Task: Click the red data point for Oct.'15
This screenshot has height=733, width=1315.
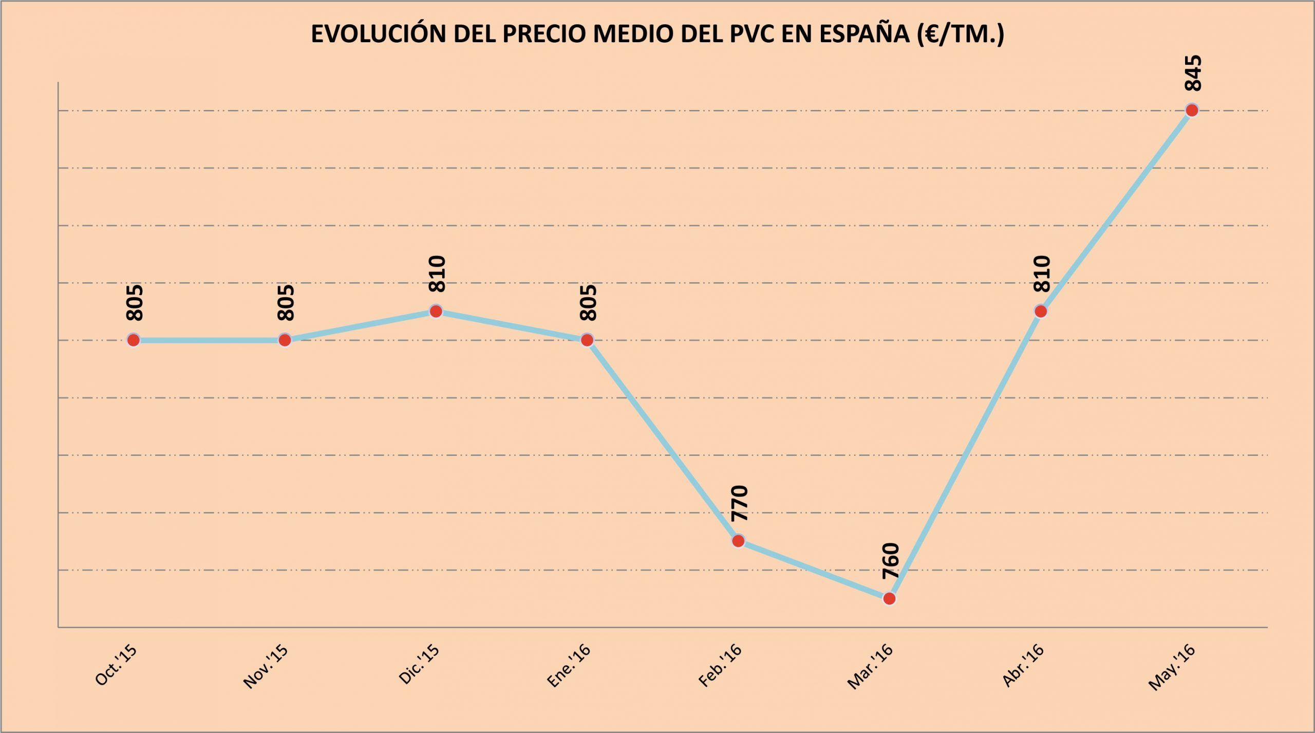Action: tap(134, 340)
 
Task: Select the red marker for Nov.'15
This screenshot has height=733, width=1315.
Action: tap(285, 340)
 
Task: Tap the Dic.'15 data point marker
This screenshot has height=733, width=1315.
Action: tap(436, 311)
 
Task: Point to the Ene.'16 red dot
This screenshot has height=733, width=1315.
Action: tap(587, 340)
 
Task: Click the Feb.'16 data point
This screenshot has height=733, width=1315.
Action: tap(738, 541)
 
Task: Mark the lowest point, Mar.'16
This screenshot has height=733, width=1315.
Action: tap(890, 598)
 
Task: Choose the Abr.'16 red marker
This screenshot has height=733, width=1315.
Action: tap(1041, 311)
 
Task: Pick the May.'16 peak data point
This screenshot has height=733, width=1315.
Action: tap(1192, 110)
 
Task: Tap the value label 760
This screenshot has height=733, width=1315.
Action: tap(891, 561)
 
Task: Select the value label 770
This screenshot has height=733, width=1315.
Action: tap(740, 503)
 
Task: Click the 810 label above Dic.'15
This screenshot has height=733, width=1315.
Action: tap(437, 274)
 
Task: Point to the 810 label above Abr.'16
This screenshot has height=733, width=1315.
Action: tap(1042, 274)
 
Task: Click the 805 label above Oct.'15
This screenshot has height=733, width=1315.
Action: tap(135, 303)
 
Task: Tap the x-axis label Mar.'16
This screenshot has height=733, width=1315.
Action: tap(870, 667)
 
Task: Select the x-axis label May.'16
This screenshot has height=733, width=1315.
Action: tap(1172, 668)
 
